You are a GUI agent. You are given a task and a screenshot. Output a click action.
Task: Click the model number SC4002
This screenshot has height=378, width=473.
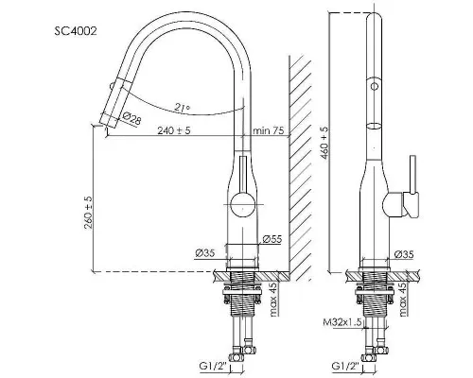coord(76,31)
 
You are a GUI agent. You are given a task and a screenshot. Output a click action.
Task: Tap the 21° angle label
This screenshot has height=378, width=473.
coord(183,107)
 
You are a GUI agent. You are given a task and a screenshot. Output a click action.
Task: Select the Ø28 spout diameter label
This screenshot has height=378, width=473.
coord(131,118)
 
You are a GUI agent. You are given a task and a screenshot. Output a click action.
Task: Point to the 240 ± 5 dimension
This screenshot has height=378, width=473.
coord(174,130)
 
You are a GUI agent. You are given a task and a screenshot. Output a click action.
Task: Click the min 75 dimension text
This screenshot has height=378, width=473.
coord(268,130)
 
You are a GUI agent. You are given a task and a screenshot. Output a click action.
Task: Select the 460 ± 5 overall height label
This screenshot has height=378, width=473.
coord(324,143)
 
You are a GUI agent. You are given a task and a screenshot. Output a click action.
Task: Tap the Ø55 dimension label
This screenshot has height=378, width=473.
coord(272,239)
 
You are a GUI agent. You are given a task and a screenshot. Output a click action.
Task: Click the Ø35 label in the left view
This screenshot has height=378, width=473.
coord(204,253)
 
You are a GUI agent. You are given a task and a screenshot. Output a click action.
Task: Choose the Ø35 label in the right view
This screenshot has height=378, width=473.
coord(404,254)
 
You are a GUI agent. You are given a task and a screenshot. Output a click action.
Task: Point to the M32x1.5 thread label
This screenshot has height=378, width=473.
coord(342,322)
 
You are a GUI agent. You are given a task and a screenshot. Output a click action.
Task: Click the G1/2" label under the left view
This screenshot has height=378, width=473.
coord(213,366)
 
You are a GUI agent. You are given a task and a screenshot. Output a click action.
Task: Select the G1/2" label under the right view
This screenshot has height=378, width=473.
coord(345,366)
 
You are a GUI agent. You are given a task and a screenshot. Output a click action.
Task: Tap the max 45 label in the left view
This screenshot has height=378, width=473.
coord(273,300)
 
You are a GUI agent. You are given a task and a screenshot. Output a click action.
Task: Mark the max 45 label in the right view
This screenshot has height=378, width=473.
coord(404,300)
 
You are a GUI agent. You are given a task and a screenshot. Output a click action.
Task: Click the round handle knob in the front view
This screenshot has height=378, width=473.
coord(242,205)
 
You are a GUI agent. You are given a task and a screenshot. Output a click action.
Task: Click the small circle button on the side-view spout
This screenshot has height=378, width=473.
coord(375,86)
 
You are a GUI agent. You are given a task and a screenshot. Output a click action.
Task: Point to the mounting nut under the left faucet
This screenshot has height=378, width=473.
coord(242,293)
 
